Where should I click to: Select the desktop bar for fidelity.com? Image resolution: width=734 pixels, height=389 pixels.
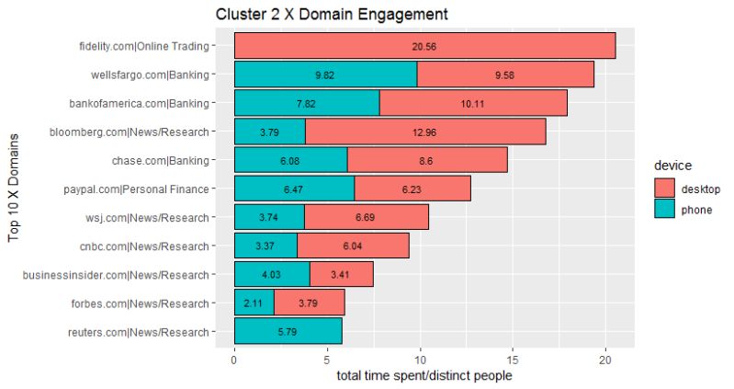pos(424,45)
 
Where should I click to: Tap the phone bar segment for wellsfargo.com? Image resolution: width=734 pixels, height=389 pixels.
pos(325,74)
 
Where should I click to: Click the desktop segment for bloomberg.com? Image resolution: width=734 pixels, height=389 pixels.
pos(425,132)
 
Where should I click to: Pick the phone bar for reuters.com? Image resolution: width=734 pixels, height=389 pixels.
pos(288,331)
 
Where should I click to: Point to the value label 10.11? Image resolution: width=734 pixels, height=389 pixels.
pos(474,103)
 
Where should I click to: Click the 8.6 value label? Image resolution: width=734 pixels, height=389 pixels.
pos(426,160)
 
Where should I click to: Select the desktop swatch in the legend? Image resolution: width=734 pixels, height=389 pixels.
pos(666,189)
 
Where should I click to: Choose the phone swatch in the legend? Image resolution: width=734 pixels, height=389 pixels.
pos(666,211)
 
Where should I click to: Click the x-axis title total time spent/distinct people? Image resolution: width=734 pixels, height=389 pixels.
pos(424,376)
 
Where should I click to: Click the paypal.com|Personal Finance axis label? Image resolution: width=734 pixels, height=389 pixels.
pos(141,189)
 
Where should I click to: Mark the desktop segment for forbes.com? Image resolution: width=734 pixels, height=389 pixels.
pos(309,303)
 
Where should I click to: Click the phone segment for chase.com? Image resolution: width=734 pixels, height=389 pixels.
pos(290,160)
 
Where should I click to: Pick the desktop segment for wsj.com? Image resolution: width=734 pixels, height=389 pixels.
pos(366,217)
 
